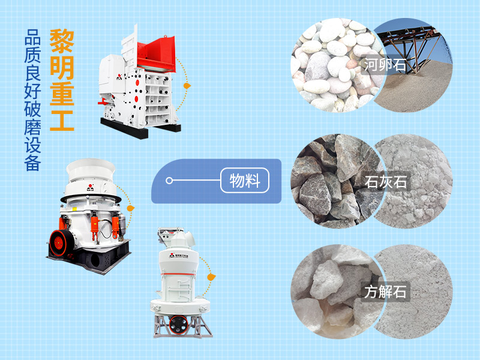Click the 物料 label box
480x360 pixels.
pos(245,181)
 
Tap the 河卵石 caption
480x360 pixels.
pos(385,65)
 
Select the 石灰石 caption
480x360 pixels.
pos(385,182)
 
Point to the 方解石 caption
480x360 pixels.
pos(385,292)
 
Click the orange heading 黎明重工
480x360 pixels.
pos(62,80)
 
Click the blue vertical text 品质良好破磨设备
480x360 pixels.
pos(32,100)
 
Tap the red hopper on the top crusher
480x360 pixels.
pos(156,55)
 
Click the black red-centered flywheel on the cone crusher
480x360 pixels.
pos(61,243)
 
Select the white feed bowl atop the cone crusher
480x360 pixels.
pos(91,170)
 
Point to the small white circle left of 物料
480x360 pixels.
pos(169,181)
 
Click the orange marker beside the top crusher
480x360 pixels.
pos(187,86)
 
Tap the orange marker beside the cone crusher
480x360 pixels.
pos(130,208)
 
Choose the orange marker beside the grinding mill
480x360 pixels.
pos(211,277)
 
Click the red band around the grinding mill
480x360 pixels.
pos(178,274)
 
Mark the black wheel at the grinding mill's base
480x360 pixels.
pos(178,325)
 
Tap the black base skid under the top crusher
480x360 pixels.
pos(140,128)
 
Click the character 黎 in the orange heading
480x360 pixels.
pos(62,41)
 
